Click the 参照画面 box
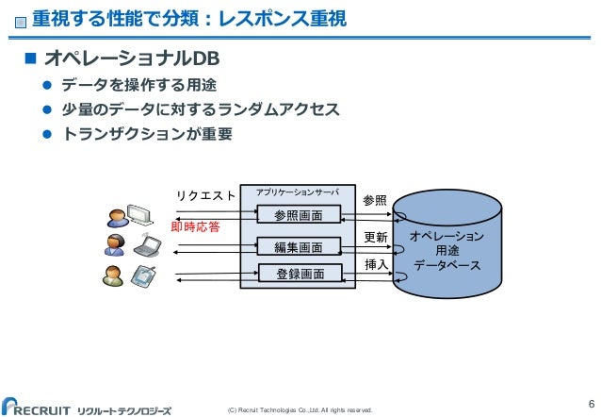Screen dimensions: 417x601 [299, 216]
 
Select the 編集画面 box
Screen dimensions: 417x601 [299, 247]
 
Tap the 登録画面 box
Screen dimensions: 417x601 [299, 275]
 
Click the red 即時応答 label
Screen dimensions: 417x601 [195, 227]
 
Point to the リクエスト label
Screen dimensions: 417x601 [205, 195]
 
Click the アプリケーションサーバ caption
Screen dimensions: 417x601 [298, 192]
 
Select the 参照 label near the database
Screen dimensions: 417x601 [375, 200]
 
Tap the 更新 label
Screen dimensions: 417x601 [375, 236]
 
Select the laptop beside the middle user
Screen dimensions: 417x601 [148, 246]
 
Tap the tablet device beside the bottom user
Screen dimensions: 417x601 [143, 276]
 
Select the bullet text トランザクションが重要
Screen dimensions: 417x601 [146, 135]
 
